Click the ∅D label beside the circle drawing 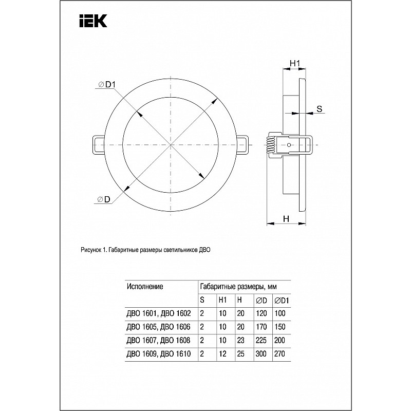(104, 200)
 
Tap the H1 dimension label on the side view (295, 63)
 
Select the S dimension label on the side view (319, 108)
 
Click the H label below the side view (286, 218)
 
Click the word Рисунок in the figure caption (92, 250)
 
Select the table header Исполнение (145, 286)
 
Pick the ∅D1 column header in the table (282, 300)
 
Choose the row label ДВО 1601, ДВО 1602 (159, 313)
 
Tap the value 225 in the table (260, 340)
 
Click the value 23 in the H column (240, 340)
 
